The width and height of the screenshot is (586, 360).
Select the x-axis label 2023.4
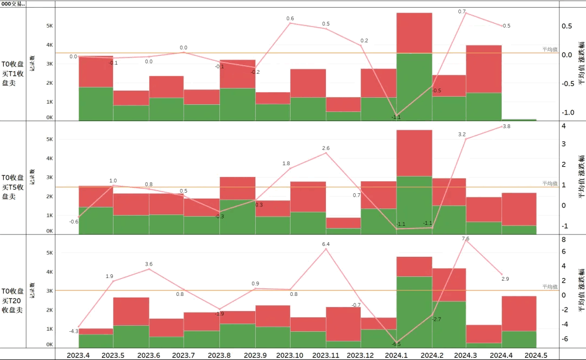click(x=78, y=355)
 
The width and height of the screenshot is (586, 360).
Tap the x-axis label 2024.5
click(x=536, y=355)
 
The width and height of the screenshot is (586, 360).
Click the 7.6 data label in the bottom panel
click(x=465, y=239)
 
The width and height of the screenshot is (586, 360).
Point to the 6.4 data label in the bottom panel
click(x=326, y=244)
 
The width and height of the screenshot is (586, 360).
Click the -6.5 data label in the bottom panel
click(x=396, y=344)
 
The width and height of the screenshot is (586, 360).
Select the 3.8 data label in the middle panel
click(x=507, y=127)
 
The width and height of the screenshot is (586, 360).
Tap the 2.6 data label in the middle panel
click(x=326, y=148)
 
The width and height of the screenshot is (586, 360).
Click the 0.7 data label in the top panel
click(x=462, y=11)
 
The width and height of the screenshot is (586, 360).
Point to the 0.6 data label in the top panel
click(x=290, y=19)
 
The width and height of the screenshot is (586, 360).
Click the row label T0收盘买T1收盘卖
click(x=12, y=74)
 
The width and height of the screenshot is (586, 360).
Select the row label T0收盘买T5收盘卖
click(x=12, y=187)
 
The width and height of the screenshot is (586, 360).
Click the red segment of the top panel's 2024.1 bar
click(x=414, y=33)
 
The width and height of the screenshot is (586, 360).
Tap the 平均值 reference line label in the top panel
click(x=550, y=49)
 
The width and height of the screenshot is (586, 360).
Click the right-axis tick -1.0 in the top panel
click(x=568, y=112)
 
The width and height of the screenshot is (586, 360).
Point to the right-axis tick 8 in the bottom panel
click(x=564, y=239)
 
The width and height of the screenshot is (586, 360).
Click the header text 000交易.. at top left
click(x=13, y=4)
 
